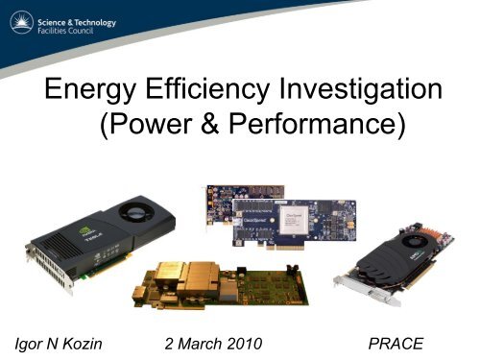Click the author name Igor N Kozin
[x=66, y=340]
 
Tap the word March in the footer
[x=194, y=340]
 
